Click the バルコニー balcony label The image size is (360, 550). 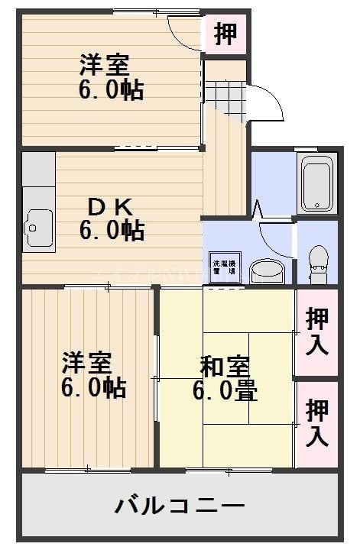(180, 505)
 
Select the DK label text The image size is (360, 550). (112, 206)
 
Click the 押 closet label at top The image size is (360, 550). (225, 34)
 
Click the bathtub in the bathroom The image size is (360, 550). (316, 184)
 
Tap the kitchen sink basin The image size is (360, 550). (36, 227)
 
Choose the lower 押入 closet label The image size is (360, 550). (317, 423)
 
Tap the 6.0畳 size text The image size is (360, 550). (225, 391)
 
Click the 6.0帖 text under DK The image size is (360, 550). (112, 230)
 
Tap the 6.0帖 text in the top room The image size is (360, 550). (111, 89)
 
